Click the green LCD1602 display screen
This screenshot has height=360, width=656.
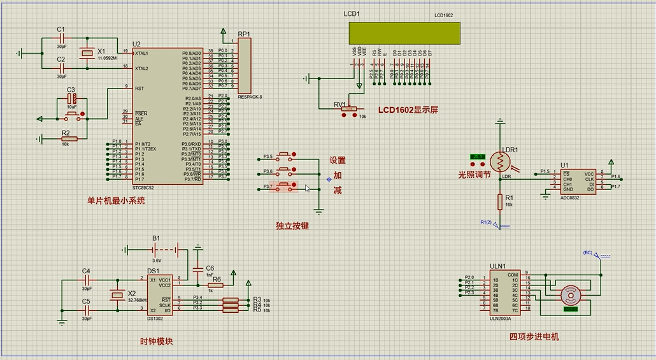click(404, 33)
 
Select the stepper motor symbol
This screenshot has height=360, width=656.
click(571, 295)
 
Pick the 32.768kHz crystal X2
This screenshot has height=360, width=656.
click(117, 295)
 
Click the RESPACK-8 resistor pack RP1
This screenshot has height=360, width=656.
click(245, 66)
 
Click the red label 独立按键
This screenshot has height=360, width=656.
click(292, 226)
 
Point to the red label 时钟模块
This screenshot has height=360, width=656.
click(157, 341)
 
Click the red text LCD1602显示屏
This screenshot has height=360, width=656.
click(408, 110)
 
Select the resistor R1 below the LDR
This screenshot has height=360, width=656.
click(501, 201)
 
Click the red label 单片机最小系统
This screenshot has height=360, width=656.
click(116, 201)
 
